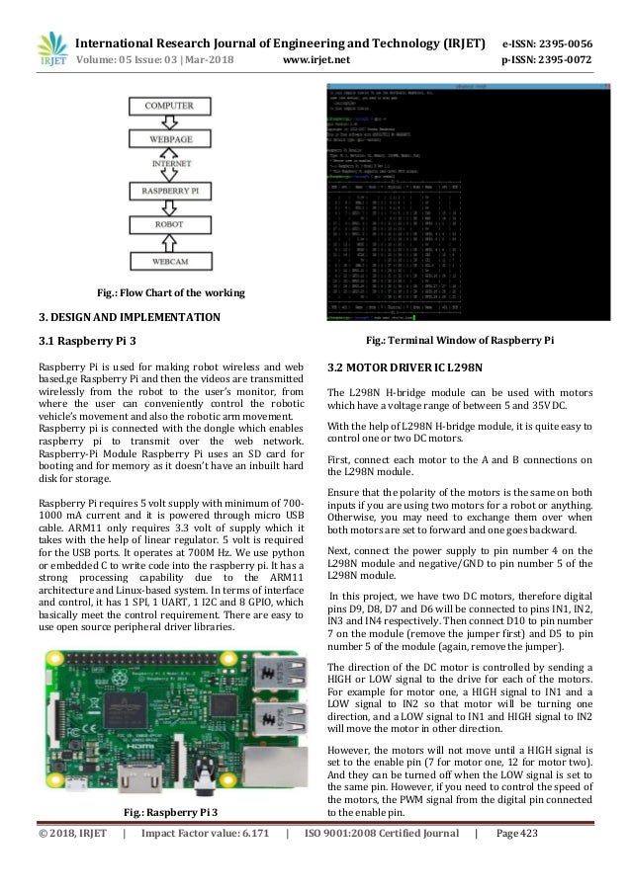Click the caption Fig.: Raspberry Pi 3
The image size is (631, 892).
(169, 812)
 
